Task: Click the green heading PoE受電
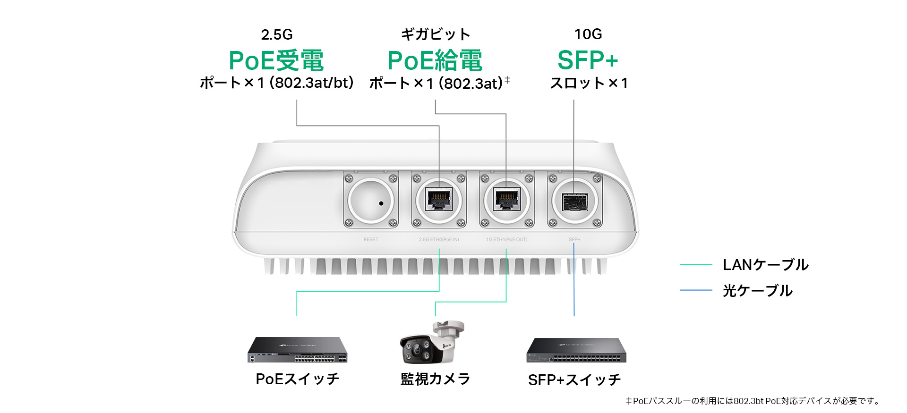tap(276, 60)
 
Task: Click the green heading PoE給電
tap(435, 60)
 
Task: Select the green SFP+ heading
tap(588, 60)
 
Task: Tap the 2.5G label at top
tap(277, 34)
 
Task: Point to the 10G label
tap(588, 34)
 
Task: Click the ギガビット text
tap(435, 34)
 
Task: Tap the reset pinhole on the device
tap(381, 203)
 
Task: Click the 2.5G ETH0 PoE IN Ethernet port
tap(439, 199)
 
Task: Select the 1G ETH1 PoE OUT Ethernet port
tap(506, 199)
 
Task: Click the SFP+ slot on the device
tap(574, 202)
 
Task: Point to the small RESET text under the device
tap(371, 240)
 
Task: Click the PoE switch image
tap(297, 350)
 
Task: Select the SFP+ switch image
tap(576, 350)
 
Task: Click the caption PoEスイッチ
tap(297, 379)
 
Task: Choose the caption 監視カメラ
tap(435, 379)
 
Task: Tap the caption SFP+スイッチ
tap(574, 380)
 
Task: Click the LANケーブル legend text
tap(766, 265)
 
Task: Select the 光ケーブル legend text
tap(758, 291)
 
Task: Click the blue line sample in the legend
tap(696, 290)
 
